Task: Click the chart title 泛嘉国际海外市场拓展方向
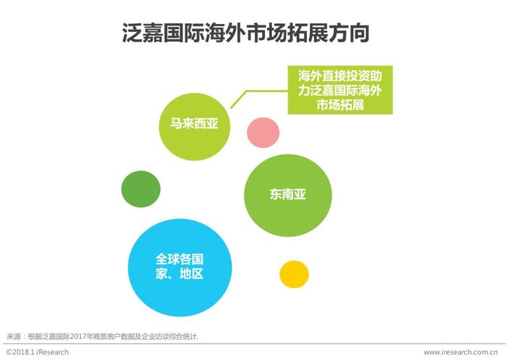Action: click(245, 33)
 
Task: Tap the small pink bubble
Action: click(263, 133)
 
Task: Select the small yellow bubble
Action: click(294, 274)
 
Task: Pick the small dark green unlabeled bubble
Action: click(141, 189)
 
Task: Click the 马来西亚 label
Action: click(194, 123)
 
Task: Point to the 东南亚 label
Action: click(287, 194)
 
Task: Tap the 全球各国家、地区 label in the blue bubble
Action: click(179, 266)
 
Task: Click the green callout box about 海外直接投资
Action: click(340, 90)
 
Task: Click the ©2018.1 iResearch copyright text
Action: click(37, 352)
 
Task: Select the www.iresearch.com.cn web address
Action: click(460, 352)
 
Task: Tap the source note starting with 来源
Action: click(102, 336)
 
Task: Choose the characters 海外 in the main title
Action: click(225, 33)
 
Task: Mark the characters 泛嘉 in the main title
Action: click(142, 33)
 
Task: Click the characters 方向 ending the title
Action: click(349, 33)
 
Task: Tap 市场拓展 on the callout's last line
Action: click(340, 105)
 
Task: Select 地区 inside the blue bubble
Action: click(192, 274)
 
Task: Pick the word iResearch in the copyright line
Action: click(52, 352)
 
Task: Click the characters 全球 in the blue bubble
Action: click(168, 259)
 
